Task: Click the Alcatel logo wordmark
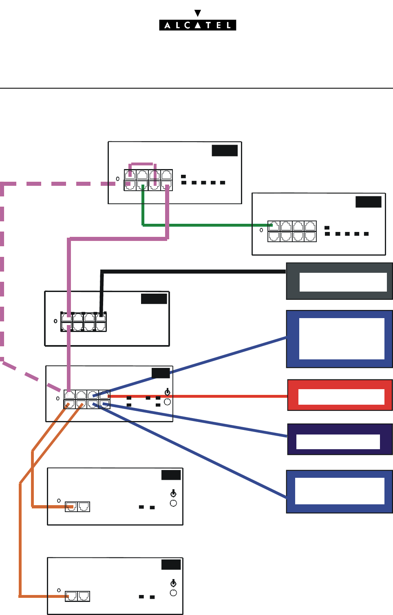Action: (197, 25)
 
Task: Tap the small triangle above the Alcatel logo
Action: (198, 13)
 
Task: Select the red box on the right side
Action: (340, 395)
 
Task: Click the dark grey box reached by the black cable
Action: (339, 281)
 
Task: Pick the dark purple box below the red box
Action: (340, 439)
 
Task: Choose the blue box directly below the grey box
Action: (339, 339)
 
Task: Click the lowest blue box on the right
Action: (339, 492)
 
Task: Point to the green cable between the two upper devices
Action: (204, 225)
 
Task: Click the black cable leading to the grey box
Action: (192, 271)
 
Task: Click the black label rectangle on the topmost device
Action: (225, 150)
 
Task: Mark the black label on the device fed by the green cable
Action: (368, 202)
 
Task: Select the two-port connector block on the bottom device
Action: (77, 596)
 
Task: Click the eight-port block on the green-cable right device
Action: (292, 231)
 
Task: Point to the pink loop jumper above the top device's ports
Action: (141, 165)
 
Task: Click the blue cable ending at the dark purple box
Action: (196, 421)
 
